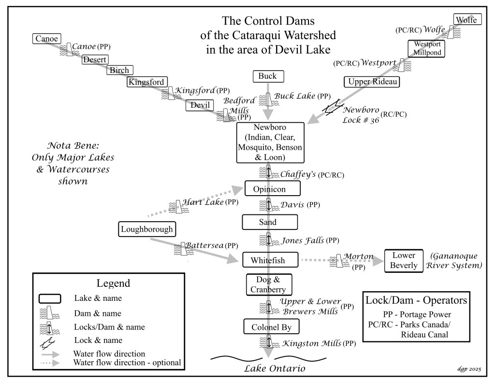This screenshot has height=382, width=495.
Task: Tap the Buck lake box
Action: (x=267, y=76)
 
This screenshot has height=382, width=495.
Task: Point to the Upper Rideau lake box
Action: (x=372, y=82)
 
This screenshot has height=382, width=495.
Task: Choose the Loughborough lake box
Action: (x=146, y=229)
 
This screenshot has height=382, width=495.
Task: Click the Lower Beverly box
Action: (x=404, y=261)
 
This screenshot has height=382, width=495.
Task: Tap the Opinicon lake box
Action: (x=272, y=188)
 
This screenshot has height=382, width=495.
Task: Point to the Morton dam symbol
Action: (x=335, y=262)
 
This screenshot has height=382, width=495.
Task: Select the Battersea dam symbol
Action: (x=183, y=249)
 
